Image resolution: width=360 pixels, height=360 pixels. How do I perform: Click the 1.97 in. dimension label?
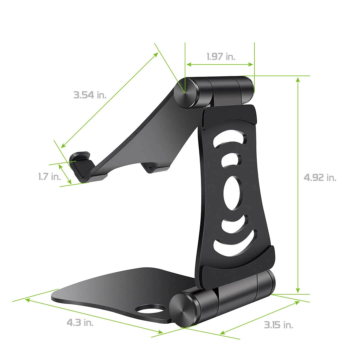(221, 56)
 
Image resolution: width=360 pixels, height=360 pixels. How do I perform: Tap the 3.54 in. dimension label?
(90, 95)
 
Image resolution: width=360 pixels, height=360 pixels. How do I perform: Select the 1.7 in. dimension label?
(50, 176)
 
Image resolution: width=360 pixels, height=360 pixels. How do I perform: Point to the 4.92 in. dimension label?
(320, 178)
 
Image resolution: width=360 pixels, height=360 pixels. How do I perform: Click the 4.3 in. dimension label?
(80, 322)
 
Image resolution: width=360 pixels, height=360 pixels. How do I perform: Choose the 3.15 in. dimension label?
(279, 325)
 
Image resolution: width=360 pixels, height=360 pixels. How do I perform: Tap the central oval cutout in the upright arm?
(231, 193)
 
